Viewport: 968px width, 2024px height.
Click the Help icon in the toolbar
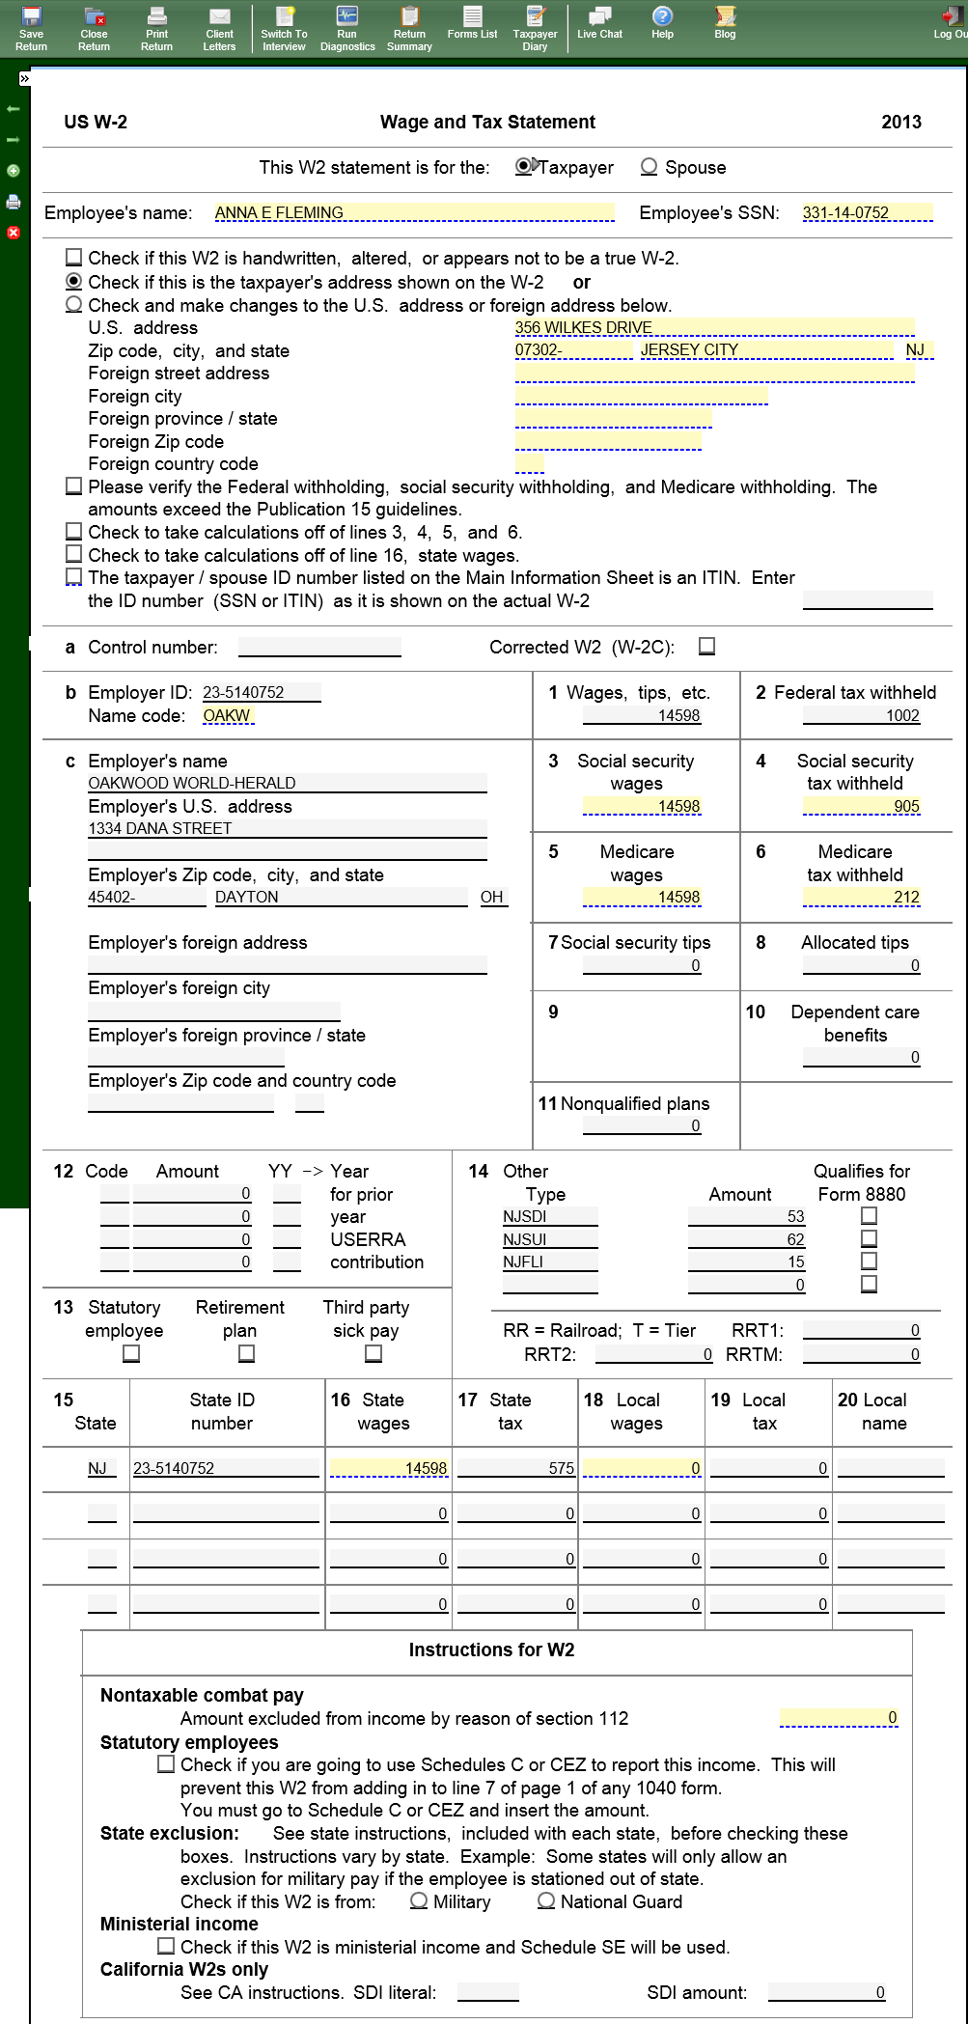pos(662,23)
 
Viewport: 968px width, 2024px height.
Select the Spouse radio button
pos(650,167)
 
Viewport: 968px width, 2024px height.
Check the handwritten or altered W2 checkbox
pos(73,258)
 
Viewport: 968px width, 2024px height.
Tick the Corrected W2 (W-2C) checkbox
pos(707,647)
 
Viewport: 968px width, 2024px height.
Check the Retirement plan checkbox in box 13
pos(247,1354)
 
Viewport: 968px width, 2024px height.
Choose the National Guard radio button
pos(546,1901)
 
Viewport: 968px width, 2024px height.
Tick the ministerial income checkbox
pos(166,1947)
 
